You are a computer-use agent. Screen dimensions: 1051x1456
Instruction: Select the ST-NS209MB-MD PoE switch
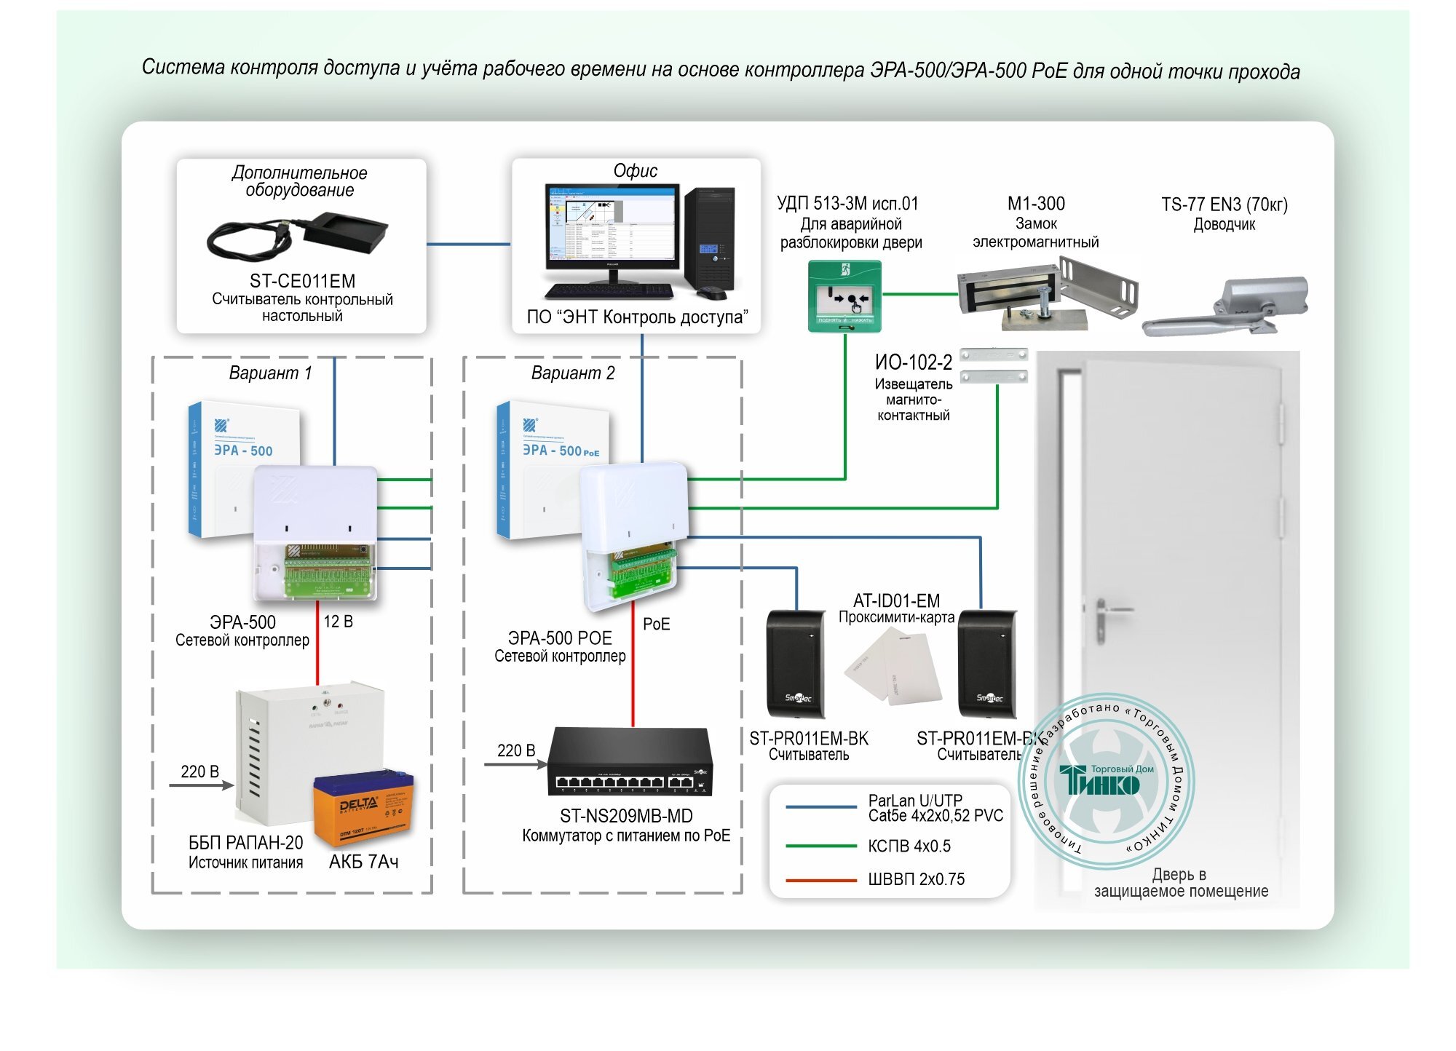[x=630, y=762]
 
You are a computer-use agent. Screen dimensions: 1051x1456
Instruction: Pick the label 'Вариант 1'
[x=270, y=373]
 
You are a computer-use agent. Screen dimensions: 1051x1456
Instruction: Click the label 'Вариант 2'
[x=573, y=373]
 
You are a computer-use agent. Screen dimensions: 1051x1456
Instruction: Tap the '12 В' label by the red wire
[x=338, y=622]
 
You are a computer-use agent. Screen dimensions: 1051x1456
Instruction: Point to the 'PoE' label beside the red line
[x=656, y=624]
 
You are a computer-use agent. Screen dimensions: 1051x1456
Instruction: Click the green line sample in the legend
[x=820, y=846]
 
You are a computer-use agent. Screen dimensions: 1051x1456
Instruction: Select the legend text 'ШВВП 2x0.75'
[x=916, y=879]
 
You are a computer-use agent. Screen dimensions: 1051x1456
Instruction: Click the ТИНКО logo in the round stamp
[x=1099, y=782]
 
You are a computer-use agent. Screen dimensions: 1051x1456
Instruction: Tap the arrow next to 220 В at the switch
[x=515, y=764]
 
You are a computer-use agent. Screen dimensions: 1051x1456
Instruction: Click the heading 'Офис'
[x=635, y=171]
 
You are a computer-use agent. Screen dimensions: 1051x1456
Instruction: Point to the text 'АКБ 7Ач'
[x=363, y=862]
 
